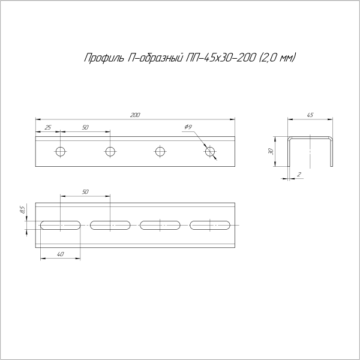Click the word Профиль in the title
tap(101, 58)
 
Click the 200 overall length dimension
tap(135, 115)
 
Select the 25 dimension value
tap(48, 128)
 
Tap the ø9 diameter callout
tap(188, 127)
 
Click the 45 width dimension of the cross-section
tap(310, 115)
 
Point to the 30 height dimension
tap(271, 151)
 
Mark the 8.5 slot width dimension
tap(22, 209)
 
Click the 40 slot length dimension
tap(60, 254)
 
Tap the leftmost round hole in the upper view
tap(60, 151)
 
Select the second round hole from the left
tap(110, 151)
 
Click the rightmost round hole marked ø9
tap(209, 151)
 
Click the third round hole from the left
tap(160, 151)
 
